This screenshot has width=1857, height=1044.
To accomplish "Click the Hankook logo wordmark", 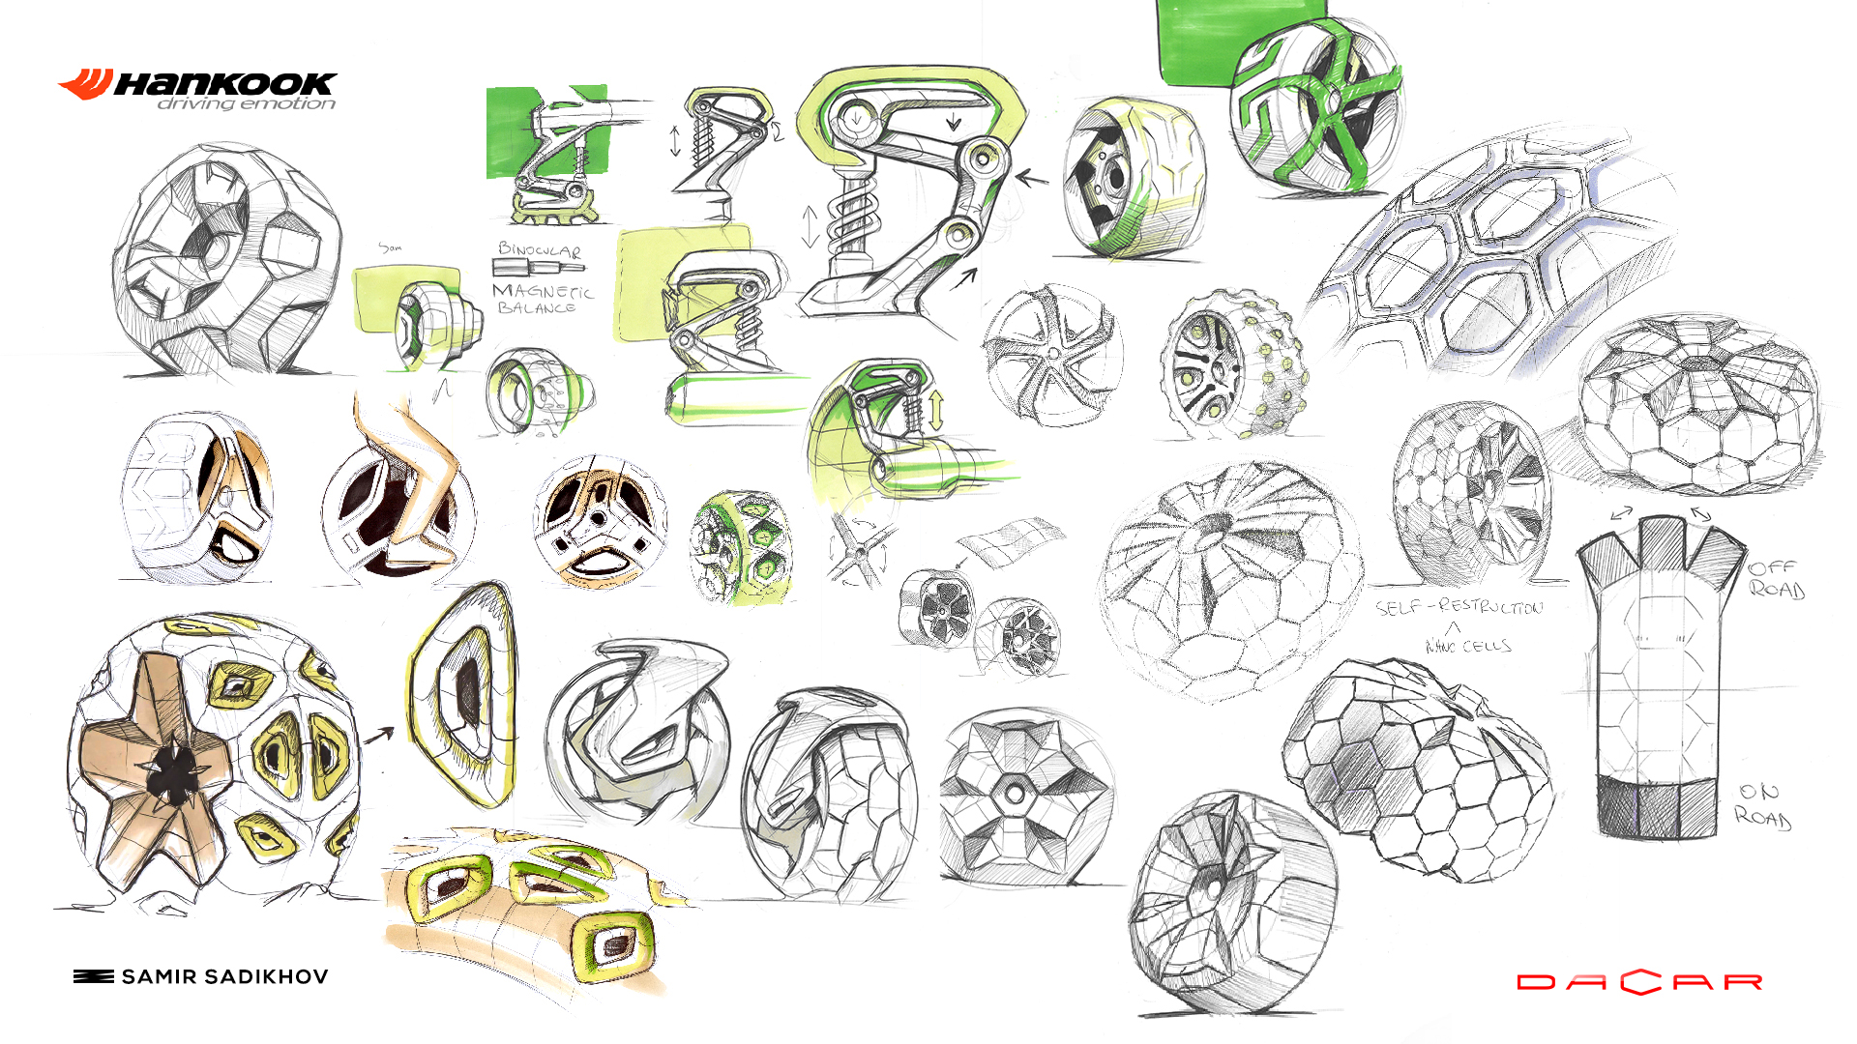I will pyautogui.click(x=224, y=84).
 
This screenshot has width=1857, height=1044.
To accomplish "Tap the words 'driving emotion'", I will pyautogui.click(x=247, y=104).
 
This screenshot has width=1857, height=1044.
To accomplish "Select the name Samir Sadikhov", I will pyautogui.click(x=224, y=977).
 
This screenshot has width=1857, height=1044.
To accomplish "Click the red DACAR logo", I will pyautogui.click(x=1639, y=982).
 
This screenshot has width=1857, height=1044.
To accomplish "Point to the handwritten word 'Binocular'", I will pyautogui.click(x=539, y=249).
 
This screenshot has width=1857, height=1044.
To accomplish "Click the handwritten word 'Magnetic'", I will pyautogui.click(x=543, y=290).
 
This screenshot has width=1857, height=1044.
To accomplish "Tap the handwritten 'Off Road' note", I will pyautogui.click(x=1776, y=578).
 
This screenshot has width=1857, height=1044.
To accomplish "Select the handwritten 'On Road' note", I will pyautogui.click(x=1762, y=805).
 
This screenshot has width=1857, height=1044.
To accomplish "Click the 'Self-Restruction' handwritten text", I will pyautogui.click(x=1459, y=607).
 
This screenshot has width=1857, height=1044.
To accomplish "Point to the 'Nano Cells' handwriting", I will pyautogui.click(x=1468, y=645).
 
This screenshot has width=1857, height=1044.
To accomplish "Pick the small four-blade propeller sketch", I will pyautogui.click(x=859, y=551).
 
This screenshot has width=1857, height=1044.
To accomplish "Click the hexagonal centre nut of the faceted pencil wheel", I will pyautogui.click(x=1014, y=794).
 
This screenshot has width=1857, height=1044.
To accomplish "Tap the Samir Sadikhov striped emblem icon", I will pyautogui.click(x=93, y=977).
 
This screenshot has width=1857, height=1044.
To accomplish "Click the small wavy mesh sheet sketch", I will pyautogui.click(x=1011, y=541).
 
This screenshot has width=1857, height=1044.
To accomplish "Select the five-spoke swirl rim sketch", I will pyautogui.click(x=1052, y=354).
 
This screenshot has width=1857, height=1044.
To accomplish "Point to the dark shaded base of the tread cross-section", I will pyautogui.click(x=1656, y=807).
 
